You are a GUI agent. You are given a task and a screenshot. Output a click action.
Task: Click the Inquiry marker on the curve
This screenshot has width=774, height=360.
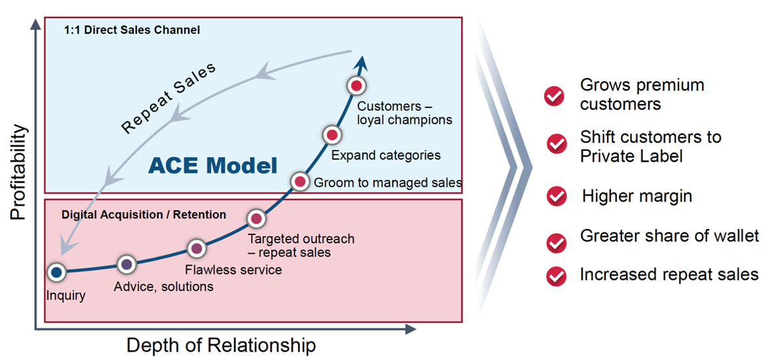[x=56, y=272]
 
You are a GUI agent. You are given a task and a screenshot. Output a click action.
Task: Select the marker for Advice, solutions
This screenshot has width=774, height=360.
[x=126, y=264]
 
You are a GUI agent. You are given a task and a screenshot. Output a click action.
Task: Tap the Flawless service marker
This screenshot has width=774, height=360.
[x=197, y=248]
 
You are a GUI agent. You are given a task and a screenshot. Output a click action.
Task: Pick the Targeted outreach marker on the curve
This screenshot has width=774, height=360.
[x=256, y=218]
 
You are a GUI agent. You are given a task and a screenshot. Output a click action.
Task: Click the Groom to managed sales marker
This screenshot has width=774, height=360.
[x=299, y=181]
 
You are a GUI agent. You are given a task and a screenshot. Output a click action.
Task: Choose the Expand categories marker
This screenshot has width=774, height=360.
[x=333, y=135]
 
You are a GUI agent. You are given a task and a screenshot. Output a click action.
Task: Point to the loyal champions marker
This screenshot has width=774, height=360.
[x=356, y=85]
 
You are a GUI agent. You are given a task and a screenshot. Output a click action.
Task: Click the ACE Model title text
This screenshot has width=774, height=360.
[x=213, y=165]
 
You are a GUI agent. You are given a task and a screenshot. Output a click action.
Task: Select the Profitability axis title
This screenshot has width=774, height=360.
[x=19, y=172]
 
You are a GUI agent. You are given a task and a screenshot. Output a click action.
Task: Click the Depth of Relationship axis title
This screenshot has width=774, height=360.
[x=221, y=345]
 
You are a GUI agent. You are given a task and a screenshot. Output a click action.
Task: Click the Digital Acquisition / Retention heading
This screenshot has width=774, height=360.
[x=143, y=215]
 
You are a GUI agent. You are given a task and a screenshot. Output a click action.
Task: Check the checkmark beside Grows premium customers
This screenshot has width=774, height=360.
[x=555, y=96]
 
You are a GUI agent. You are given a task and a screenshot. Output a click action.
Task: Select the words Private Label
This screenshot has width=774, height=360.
[x=631, y=156]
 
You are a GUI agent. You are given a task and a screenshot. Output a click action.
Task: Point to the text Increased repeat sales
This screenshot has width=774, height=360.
[x=669, y=274]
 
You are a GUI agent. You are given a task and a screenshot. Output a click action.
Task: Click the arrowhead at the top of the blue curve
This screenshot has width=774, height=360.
[x=362, y=63]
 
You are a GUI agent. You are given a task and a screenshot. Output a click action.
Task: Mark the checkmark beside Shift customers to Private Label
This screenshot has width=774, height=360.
[x=557, y=143]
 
